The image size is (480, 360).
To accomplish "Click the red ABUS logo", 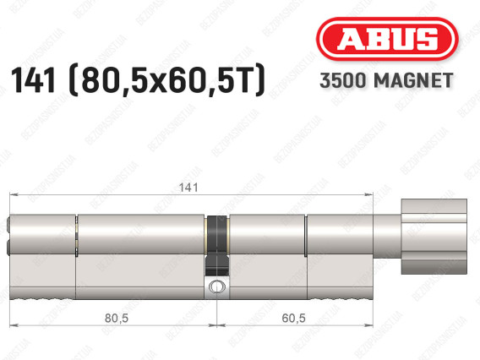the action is [387, 39].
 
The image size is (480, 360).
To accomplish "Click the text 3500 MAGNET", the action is [386, 80].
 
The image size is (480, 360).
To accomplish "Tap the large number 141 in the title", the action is [33, 80].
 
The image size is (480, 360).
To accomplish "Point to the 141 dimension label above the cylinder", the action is [188, 187].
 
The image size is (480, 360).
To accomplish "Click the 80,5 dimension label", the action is [117, 318].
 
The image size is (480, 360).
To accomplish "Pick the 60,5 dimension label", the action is [293, 318].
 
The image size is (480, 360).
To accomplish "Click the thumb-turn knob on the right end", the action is [434, 237].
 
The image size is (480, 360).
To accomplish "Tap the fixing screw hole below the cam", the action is [216, 287].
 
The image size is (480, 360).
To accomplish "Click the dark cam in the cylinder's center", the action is [217, 245].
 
